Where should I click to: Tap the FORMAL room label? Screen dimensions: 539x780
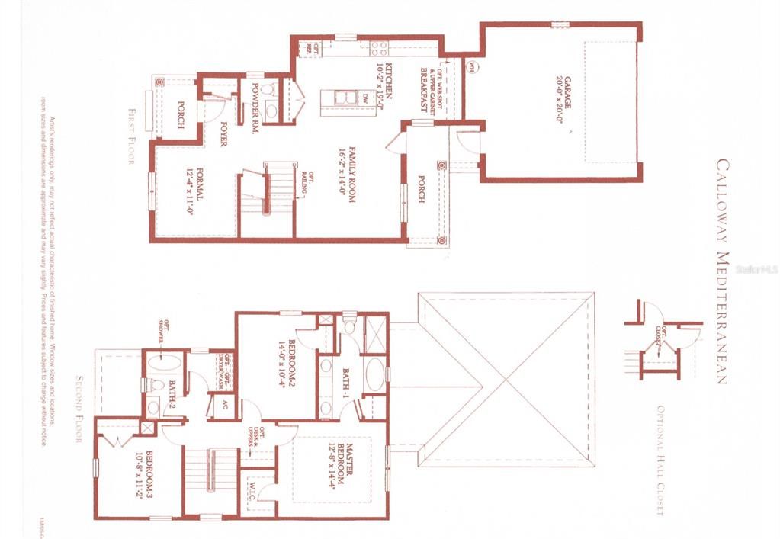(201, 184)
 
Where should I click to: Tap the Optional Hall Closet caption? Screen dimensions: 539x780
(660, 457)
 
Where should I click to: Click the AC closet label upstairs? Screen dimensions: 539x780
(224, 404)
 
